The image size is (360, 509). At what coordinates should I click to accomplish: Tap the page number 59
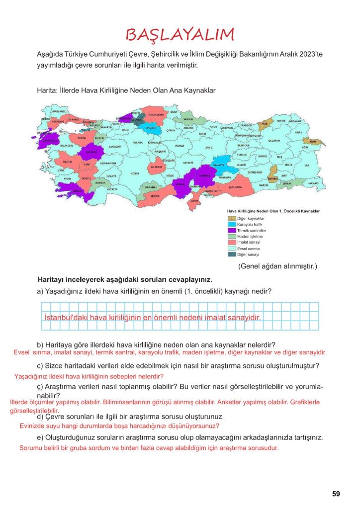pos(336,494)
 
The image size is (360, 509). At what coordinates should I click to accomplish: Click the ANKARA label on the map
pos(137,143)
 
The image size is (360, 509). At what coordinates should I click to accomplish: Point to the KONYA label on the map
pos(135,173)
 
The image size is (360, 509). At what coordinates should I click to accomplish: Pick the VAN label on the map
pos(307,165)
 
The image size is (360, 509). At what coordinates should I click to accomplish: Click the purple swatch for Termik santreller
pos(232,231)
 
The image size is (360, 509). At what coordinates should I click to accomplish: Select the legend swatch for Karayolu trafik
pos(232,225)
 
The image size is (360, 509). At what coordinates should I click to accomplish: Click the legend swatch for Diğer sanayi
pos(232,254)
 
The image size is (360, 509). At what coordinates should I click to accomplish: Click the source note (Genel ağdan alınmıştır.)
pos(277,266)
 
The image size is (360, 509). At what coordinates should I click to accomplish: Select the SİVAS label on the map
pos(209,148)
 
